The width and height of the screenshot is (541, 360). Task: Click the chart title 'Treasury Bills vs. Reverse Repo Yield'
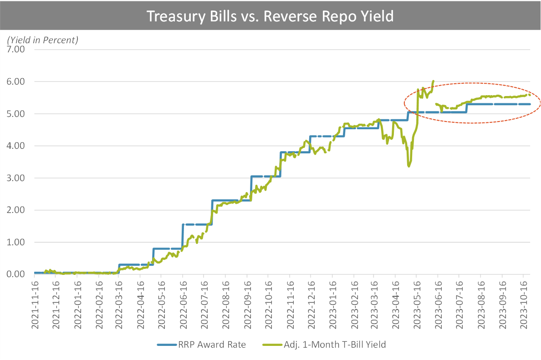(x=270, y=16)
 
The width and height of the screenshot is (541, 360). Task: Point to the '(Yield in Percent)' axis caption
(x=43, y=40)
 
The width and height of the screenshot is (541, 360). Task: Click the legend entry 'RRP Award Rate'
(x=201, y=345)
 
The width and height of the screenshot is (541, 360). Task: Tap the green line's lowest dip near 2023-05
(x=409, y=166)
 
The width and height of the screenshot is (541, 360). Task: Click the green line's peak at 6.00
(x=433, y=81)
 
